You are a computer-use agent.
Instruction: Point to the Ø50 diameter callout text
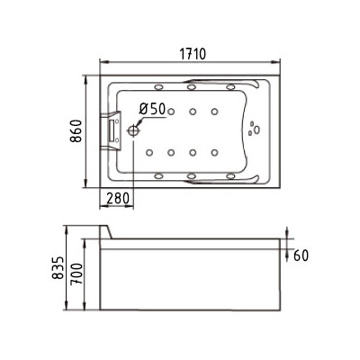point(152,109)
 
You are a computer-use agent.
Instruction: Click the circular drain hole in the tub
point(136,130)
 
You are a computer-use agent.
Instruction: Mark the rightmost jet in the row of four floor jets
point(214,150)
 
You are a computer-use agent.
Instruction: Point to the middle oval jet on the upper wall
point(193,87)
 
